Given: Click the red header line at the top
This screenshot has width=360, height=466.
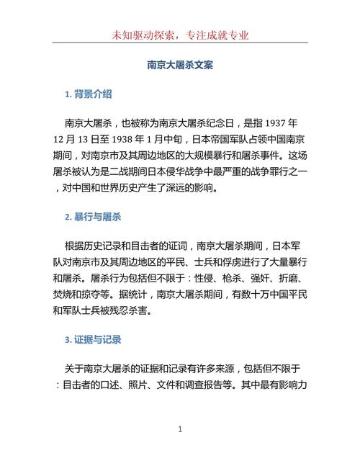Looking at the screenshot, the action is coord(180,34).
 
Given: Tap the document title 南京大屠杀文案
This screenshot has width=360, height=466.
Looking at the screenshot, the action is coord(180,64).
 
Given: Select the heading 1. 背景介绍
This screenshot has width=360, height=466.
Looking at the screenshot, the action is coord(88,94).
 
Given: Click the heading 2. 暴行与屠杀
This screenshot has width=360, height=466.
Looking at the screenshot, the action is coord(93,216).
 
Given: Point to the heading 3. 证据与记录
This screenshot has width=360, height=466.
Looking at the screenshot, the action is coord(93,339).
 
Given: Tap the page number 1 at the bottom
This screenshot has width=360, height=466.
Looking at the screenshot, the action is coord(180,429).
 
